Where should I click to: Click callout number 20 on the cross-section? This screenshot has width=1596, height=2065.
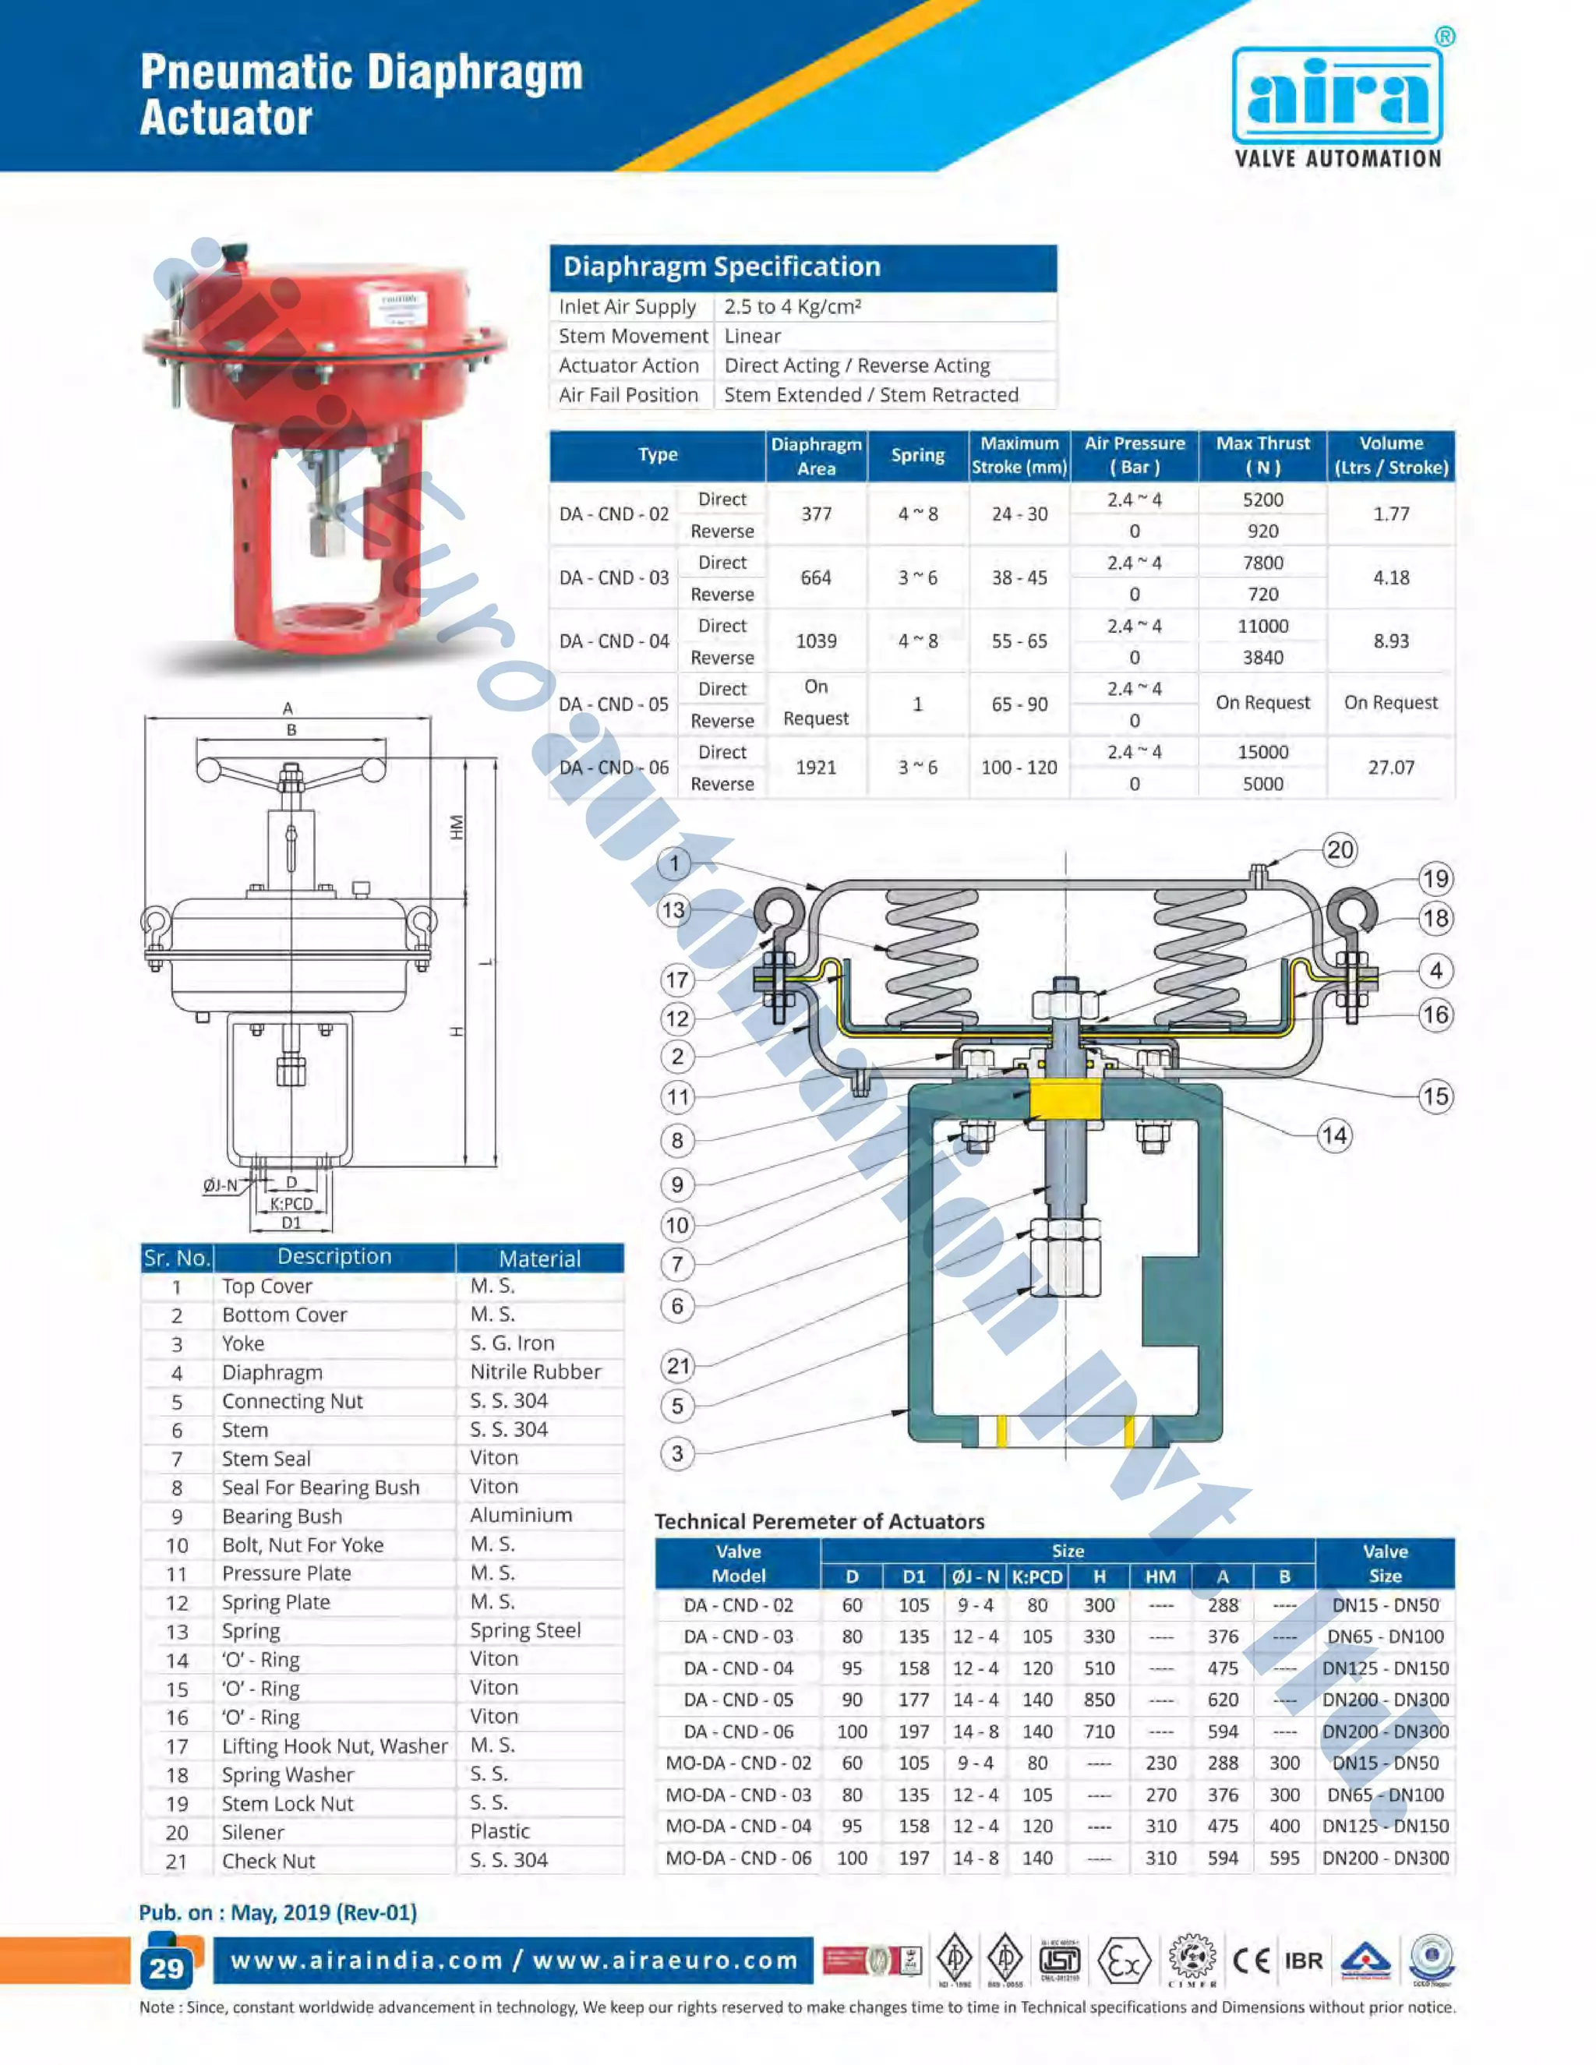pos(1339,850)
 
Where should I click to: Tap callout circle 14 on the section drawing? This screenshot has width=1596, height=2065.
pos(1334,1135)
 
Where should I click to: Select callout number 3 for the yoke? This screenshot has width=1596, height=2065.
pos(677,1453)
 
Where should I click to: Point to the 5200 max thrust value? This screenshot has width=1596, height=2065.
pos(1262,499)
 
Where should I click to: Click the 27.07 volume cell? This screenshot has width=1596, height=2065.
pos(1391,767)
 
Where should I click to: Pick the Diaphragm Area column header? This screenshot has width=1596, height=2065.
pos(816,456)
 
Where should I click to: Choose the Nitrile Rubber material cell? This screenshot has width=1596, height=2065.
pos(535,1372)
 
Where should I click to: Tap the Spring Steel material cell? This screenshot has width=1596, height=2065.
pos(524,1630)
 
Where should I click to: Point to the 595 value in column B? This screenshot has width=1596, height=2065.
pos(1284,1857)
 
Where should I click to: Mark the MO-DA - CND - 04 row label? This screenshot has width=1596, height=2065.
pos(737,1826)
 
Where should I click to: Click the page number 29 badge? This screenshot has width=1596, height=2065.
pos(167,1968)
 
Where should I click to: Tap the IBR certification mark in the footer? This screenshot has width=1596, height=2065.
pos(1303,1961)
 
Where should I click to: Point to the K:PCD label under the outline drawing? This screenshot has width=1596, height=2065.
pos(291,1204)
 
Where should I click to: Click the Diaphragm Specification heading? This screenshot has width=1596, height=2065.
pos(722,267)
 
